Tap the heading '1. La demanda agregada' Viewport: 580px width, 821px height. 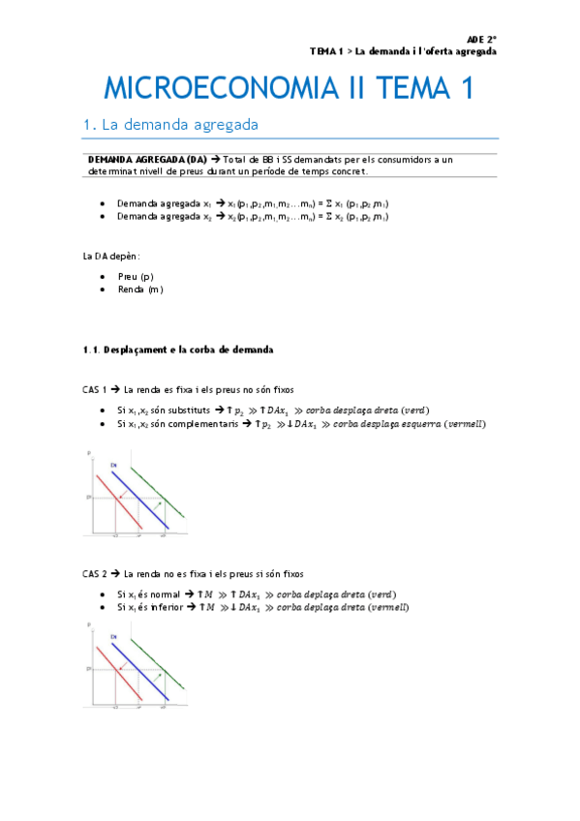170,124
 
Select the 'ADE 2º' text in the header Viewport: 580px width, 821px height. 481,38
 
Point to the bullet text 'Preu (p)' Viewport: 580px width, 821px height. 135,276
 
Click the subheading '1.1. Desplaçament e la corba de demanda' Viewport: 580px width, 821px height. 179,349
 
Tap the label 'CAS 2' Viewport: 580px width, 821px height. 94,574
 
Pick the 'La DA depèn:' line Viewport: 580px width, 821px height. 112,256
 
